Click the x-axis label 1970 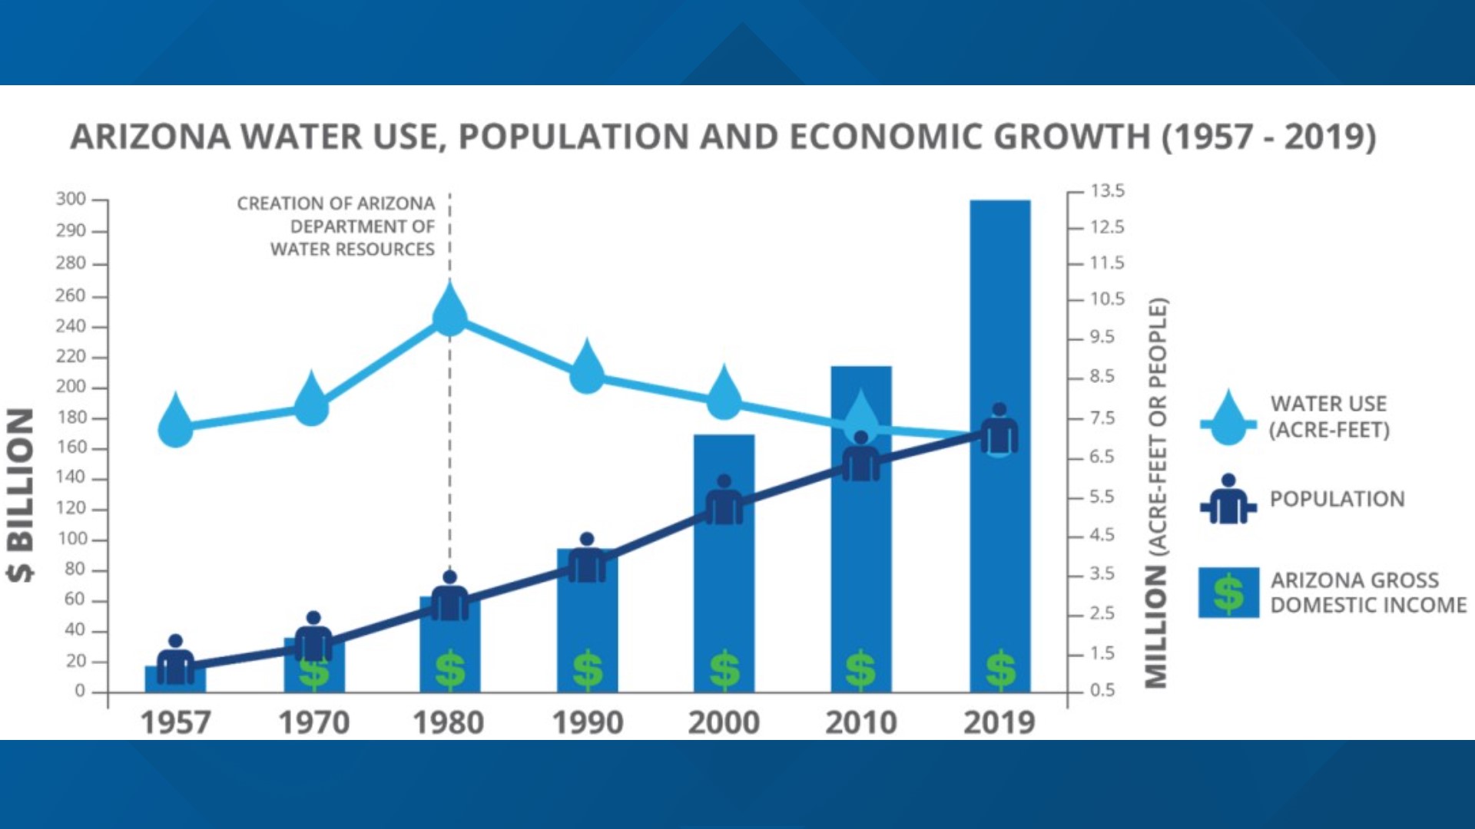pos(313,722)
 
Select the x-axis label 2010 pos(861,722)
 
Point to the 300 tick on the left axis pos(71,200)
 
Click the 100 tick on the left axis pos(72,539)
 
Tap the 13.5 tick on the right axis pos(1107,191)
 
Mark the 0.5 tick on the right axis pos(1102,690)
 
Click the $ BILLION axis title pos(21,495)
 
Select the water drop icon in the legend pos(1228,418)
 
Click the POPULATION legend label pos(1337,499)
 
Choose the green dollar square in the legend pos(1228,593)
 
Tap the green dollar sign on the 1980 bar pos(450,669)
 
